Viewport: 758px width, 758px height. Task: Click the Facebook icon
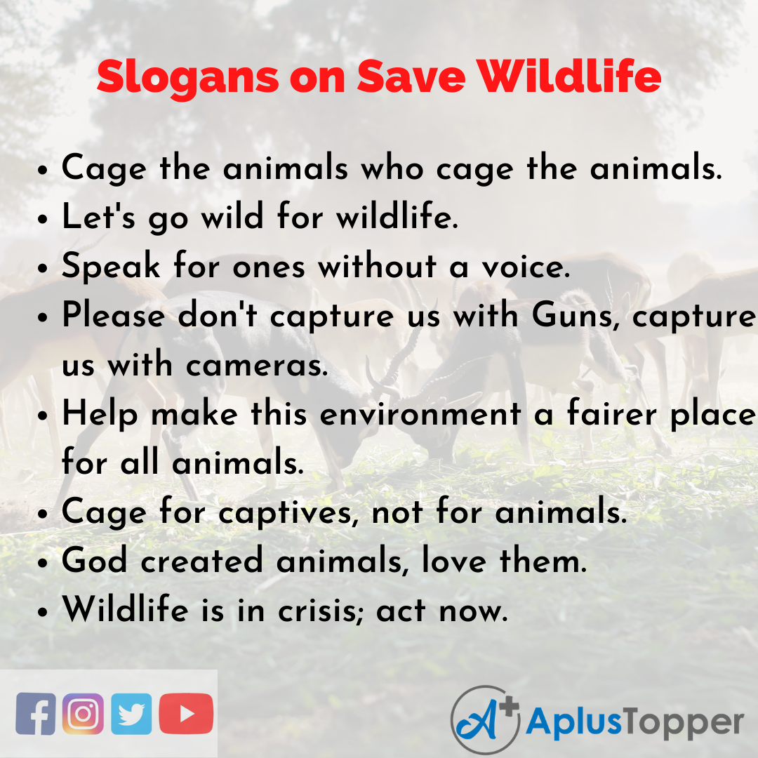click(x=35, y=713)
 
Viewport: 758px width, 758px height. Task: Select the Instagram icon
click(x=83, y=713)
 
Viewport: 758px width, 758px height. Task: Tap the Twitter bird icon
click(x=131, y=713)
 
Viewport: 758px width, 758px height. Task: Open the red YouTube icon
click(x=186, y=713)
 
